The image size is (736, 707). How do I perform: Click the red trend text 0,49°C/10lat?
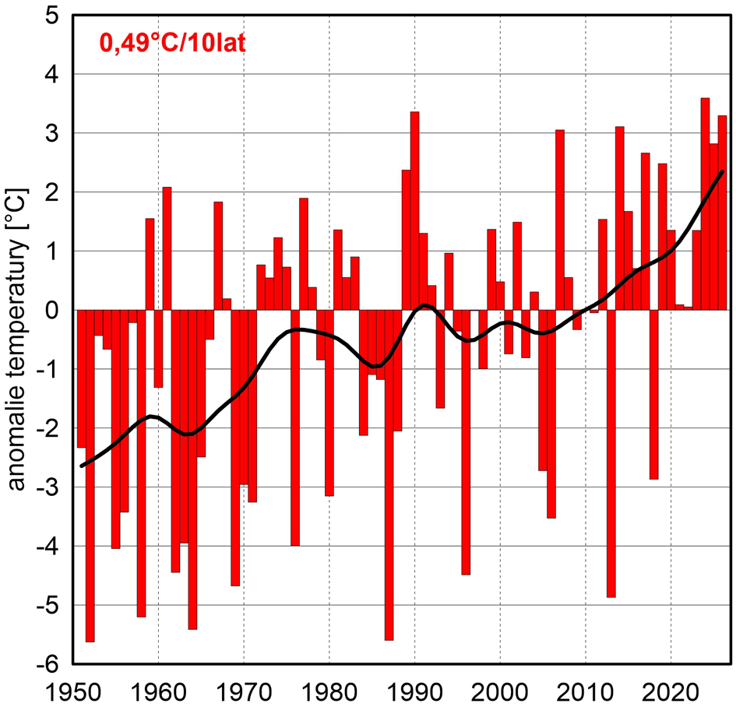(x=171, y=42)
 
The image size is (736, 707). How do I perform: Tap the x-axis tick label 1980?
(x=329, y=690)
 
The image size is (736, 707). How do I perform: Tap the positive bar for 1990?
(x=414, y=210)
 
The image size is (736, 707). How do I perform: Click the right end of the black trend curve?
(x=723, y=171)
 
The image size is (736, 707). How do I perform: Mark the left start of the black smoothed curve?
(x=82, y=466)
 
